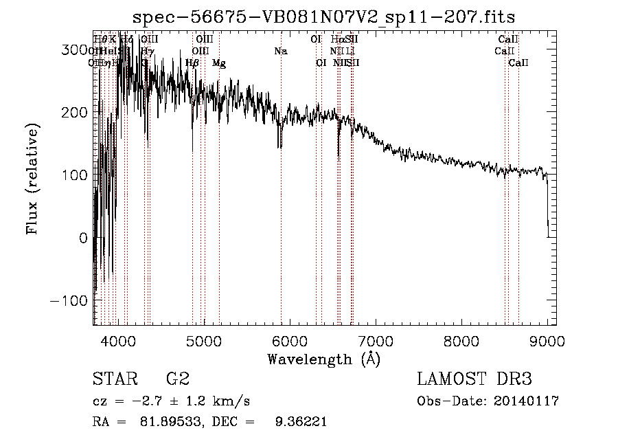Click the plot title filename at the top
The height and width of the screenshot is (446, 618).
(323, 16)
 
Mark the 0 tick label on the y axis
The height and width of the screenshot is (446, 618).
(83, 238)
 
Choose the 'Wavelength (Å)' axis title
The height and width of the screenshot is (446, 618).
(323, 359)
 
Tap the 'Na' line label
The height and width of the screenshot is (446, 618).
(280, 51)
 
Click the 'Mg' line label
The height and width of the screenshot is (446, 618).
(219, 63)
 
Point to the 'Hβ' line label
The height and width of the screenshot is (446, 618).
(192, 63)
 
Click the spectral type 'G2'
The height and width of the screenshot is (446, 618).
(177, 379)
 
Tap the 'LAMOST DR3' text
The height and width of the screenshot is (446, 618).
(474, 379)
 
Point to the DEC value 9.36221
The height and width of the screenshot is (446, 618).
(297, 422)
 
